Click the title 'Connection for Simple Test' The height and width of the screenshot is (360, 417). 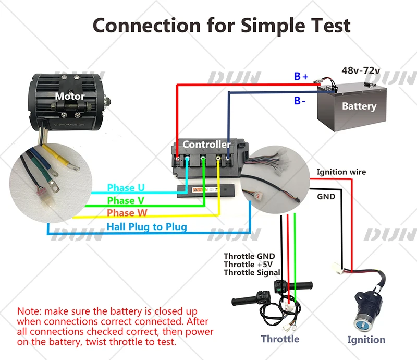point(221,25)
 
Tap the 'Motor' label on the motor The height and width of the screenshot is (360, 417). point(70,97)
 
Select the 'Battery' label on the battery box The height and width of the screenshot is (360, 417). point(359,106)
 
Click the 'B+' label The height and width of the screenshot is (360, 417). point(301,77)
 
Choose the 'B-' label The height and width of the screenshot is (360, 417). point(300,101)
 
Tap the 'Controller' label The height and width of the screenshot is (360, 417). point(206,144)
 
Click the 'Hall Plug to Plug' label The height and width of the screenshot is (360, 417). point(146,227)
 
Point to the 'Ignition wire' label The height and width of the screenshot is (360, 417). point(341,172)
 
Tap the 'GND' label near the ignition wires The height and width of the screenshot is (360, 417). point(326,197)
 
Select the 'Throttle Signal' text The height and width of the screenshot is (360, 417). point(252,272)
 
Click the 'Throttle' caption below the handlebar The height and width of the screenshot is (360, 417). point(280,339)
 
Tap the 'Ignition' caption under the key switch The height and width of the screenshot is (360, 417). point(366,340)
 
